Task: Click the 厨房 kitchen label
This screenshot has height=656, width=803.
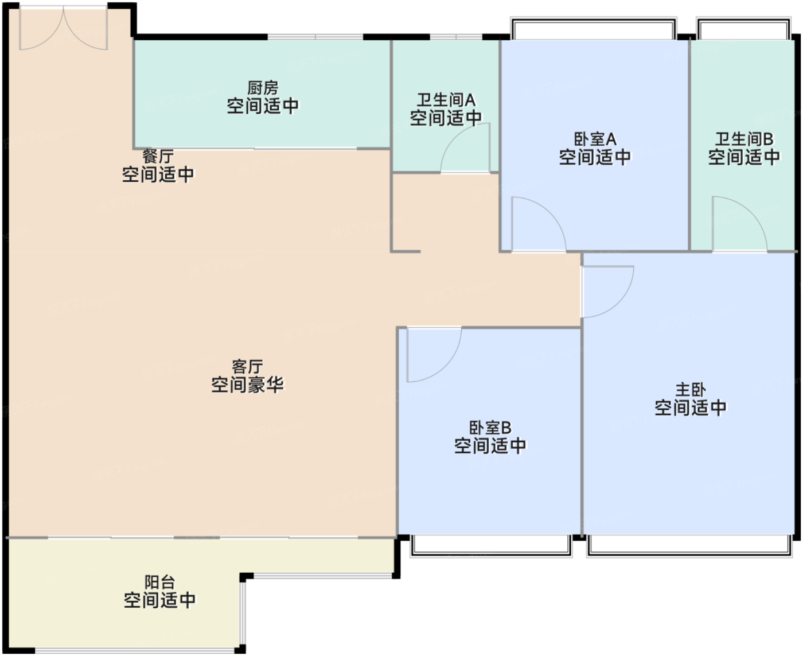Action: (x=263, y=88)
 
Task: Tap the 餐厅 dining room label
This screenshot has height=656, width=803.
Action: (x=158, y=156)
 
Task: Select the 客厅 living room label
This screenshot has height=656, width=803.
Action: (x=247, y=367)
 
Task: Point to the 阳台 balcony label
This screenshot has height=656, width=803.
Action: (x=159, y=582)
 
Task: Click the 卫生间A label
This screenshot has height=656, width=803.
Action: (x=446, y=100)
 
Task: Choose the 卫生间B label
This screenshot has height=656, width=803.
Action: (x=744, y=139)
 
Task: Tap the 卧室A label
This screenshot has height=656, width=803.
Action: (x=595, y=139)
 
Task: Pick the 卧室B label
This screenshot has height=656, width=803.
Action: (x=490, y=428)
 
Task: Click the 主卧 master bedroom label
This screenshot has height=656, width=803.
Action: (x=691, y=390)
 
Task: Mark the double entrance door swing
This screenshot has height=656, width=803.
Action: (x=64, y=28)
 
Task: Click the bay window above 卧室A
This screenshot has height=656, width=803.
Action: (x=593, y=29)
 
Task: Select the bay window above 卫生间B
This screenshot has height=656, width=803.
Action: (x=743, y=29)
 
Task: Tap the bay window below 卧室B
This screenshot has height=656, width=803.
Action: (x=491, y=546)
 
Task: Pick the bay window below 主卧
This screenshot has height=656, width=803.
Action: (x=689, y=546)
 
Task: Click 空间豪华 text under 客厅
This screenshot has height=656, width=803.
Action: (x=247, y=385)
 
